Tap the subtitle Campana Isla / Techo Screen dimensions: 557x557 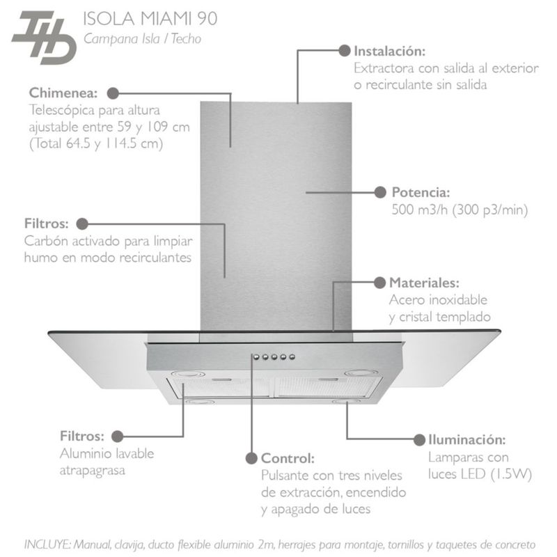[142, 39]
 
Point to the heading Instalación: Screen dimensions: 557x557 [389, 51]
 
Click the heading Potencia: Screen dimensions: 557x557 [421, 192]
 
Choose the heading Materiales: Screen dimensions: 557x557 [424, 283]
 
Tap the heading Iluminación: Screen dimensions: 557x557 [465, 440]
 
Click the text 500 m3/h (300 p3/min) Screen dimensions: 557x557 [460, 209]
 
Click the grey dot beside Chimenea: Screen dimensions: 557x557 [112, 92]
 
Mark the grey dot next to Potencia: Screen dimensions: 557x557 [380, 191]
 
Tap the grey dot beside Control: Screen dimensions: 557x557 [251, 458]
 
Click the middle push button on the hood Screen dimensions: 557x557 [274, 357]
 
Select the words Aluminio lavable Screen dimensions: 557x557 [107, 453]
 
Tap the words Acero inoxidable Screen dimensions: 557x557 [438, 300]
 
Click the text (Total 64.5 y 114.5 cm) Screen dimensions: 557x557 [96, 144]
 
